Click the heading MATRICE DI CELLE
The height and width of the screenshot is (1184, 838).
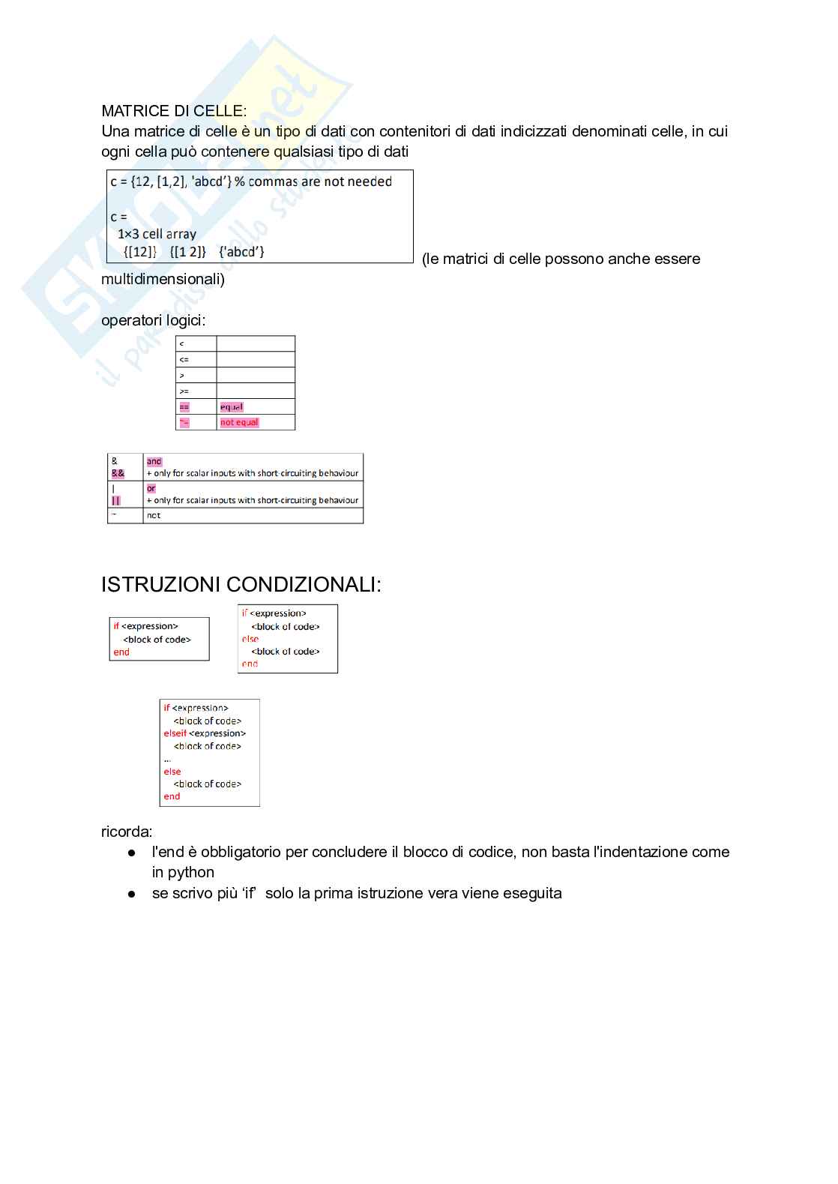[x=173, y=111]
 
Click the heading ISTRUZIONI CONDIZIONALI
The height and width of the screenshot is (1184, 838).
[x=241, y=585]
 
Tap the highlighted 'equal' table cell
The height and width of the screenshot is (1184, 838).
[x=232, y=407]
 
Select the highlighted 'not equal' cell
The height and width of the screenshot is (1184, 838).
[x=239, y=423]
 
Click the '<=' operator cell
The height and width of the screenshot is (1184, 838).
[x=184, y=360]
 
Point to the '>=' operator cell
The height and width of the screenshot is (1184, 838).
[x=184, y=391]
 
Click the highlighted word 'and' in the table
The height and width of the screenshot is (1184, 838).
[x=154, y=462]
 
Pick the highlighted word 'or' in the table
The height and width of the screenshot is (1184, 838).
[x=151, y=489]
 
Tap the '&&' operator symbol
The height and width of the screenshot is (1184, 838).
[x=118, y=474]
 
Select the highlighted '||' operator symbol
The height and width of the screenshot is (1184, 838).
[x=116, y=501]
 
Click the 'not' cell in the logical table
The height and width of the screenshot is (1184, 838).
[x=154, y=516]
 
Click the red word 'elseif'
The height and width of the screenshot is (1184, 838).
[x=175, y=733]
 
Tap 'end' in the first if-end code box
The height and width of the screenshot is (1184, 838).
[x=121, y=652]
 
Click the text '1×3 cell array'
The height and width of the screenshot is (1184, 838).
[x=157, y=234]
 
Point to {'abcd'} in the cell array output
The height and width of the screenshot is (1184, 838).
[x=241, y=252]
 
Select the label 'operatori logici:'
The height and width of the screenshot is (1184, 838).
[x=154, y=320]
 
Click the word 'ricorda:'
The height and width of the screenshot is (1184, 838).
[x=127, y=832]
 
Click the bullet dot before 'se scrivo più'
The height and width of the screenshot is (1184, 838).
[x=132, y=894]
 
